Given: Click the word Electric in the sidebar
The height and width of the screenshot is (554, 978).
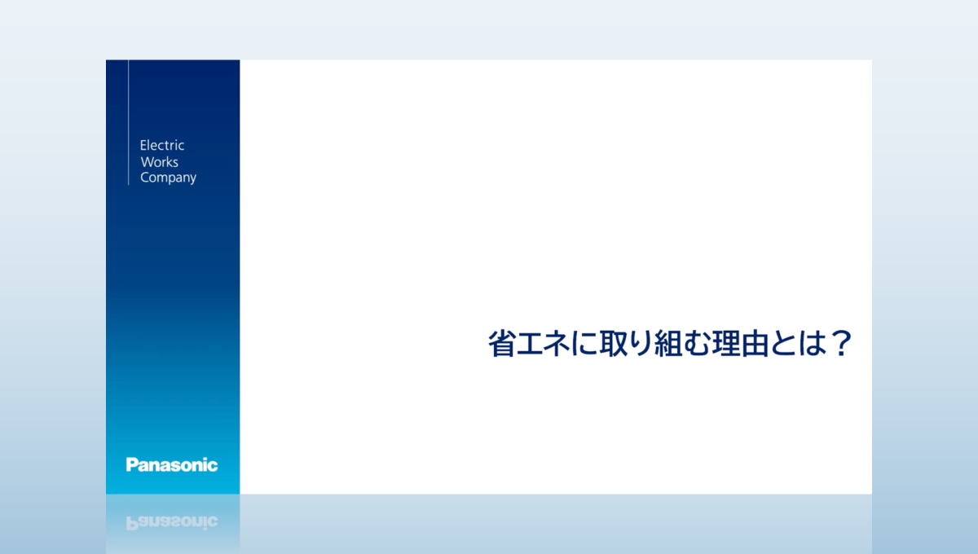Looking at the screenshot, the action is point(162,145).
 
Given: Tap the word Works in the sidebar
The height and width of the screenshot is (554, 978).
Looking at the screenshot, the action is point(160,162).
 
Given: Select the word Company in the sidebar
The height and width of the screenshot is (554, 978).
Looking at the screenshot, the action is point(168,178).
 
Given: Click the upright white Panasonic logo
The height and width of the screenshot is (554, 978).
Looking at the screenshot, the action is point(172,464).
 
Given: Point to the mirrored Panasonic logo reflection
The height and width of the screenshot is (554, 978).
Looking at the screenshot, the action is point(172,522).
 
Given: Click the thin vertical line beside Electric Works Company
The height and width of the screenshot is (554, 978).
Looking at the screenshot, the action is point(129,122).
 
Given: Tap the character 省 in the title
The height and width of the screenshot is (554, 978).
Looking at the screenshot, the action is point(501,344).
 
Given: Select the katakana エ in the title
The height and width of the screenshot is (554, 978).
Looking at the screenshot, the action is point(529,344).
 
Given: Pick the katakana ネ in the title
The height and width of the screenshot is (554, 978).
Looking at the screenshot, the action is point(556,344).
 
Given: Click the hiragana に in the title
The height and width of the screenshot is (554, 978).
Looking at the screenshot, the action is point(584,344).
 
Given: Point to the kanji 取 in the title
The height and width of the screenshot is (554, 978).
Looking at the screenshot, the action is point(612,344).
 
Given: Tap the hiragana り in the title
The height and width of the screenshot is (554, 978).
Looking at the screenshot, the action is point(639,344).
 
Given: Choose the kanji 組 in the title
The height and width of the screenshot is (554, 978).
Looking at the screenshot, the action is point(668,344).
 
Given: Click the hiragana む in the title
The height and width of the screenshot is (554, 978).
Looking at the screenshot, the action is point(696,344).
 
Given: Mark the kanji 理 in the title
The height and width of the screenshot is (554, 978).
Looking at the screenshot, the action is point(724,344).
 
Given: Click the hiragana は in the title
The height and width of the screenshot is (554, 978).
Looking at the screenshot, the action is point(809,344).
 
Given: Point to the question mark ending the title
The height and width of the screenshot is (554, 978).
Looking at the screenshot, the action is point(841,343).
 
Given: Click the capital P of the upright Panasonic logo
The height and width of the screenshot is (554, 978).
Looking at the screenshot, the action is point(131,464).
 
